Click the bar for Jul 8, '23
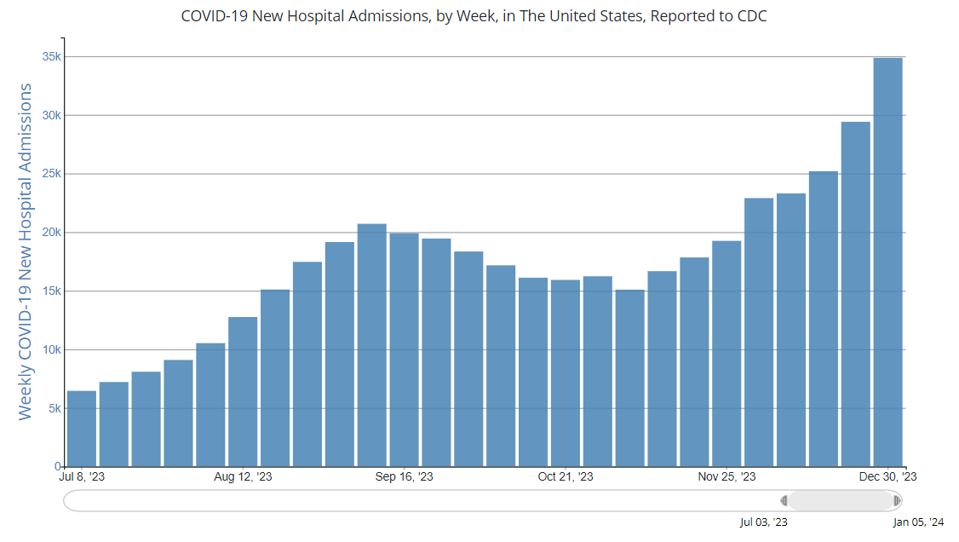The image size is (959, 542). (82, 429)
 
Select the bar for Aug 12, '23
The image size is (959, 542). (243, 392)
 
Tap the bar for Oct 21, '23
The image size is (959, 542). (566, 373)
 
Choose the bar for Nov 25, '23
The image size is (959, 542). (726, 354)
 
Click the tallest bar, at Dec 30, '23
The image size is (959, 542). (887, 262)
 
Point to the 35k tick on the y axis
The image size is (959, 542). (52, 57)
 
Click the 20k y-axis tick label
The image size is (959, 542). (52, 233)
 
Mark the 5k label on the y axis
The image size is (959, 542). (55, 408)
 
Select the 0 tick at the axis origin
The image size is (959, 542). (58, 467)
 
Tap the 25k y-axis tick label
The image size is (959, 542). (52, 174)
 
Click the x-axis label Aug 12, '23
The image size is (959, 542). (244, 477)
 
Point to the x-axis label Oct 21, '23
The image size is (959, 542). (566, 477)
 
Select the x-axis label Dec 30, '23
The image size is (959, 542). (887, 477)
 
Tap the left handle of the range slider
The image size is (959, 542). (784, 501)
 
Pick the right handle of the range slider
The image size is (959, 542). (897, 501)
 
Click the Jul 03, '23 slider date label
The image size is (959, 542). (764, 522)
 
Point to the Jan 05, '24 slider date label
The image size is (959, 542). (918, 522)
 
